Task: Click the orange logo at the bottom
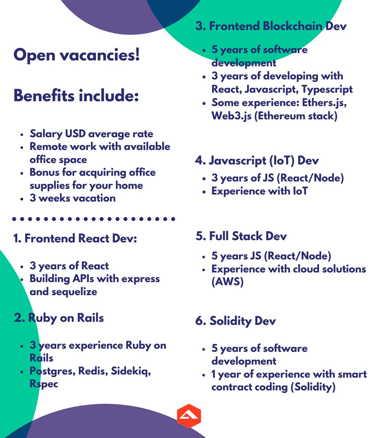[189, 416]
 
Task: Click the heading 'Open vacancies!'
[77, 55]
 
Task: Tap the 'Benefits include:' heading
[76, 96]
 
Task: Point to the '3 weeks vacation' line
[72, 198]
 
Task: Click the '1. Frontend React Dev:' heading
[75, 238]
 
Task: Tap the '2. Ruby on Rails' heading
[59, 318]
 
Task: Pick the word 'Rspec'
[44, 384]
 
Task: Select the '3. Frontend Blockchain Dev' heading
[271, 26]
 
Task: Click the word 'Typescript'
[327, 89]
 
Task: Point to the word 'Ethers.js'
[324, 103]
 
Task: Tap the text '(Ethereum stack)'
[295, 116]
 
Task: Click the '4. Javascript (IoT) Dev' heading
[257, 160]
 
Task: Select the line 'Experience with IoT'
[259, 191]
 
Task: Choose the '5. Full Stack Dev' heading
[241, 236]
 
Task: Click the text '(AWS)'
[227, 282]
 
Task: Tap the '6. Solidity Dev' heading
[235, 321]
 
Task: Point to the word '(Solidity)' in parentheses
[313, 387]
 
